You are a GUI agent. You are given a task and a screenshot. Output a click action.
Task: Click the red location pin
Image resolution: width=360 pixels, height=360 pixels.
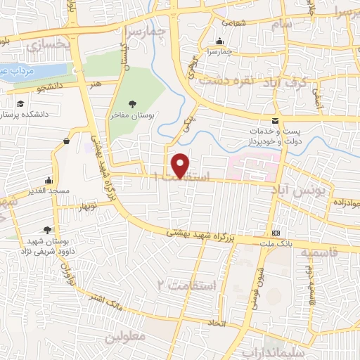pyautogui.click(x=181, y=165)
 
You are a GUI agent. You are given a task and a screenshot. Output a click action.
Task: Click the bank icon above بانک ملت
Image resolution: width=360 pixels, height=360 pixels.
pyautogui.click(x=276, y=233)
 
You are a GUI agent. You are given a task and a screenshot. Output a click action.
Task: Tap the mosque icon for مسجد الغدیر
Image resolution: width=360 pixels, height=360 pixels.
pyautogui.click(x=48, y=179)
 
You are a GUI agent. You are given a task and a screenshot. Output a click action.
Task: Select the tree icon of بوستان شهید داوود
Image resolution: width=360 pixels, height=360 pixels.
pyautogui.click(x=47, y=229)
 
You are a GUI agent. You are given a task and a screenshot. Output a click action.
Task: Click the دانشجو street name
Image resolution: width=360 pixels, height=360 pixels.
pyautogui.click(x=51, y=86)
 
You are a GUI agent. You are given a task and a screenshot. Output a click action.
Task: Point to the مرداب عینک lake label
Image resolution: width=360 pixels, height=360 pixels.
pyautogui.click(x=18, y=70)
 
